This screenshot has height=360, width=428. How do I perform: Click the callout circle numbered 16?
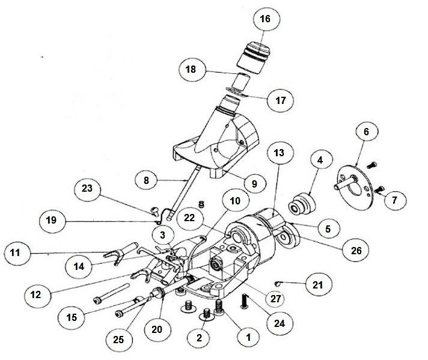coord(265,19)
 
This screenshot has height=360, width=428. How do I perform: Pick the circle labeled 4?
coord(320,160)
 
